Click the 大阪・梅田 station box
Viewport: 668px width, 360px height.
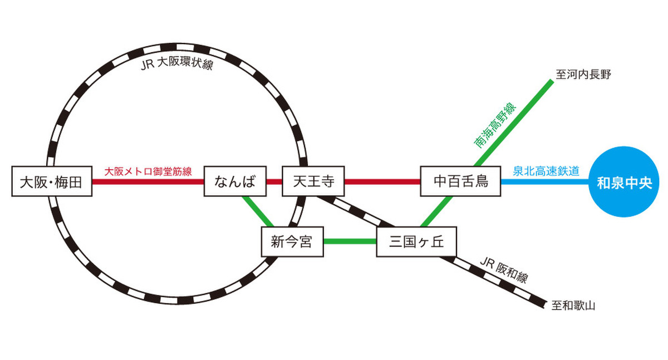51,181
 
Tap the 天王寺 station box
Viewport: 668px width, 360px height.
313,181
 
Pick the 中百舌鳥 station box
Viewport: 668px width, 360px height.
460,181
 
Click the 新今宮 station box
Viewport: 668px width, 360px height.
292,241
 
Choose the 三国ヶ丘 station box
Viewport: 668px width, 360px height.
416,241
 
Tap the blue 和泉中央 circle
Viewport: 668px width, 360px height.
623,182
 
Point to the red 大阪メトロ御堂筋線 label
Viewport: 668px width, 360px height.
148,171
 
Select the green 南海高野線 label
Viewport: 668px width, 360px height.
495,126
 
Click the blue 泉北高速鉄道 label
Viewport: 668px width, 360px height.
546,171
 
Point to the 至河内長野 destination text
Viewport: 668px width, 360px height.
583,75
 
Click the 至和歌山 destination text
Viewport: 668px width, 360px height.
573,305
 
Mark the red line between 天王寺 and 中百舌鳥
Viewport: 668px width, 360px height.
382,181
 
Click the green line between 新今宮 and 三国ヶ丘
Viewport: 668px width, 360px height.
350,241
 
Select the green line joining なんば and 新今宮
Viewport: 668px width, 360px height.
257,211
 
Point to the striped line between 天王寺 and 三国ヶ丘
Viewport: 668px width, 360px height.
356,211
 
